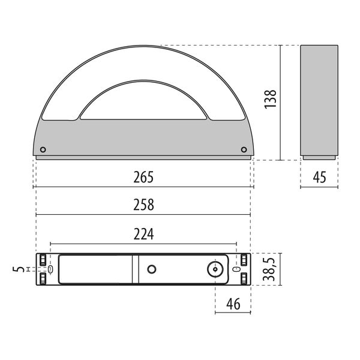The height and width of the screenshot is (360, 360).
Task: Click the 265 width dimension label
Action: (x=143, y=177)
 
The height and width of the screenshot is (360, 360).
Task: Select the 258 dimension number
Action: (x=143, y=205)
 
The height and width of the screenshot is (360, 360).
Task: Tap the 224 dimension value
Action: (x=144, y=234)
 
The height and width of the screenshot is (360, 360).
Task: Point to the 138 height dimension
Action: (x=270, y=100)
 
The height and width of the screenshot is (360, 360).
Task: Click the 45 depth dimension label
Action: (x=319, y=177)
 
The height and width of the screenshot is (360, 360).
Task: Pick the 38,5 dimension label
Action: (x=269, y=269)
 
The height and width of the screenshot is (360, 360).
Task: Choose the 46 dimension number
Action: (x=233, y=304)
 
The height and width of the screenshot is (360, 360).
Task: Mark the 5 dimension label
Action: (x=19, y=269)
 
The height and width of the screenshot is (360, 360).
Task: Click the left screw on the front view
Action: (x=43, y=149)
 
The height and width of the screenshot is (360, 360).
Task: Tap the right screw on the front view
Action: (x=244, y=149)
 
